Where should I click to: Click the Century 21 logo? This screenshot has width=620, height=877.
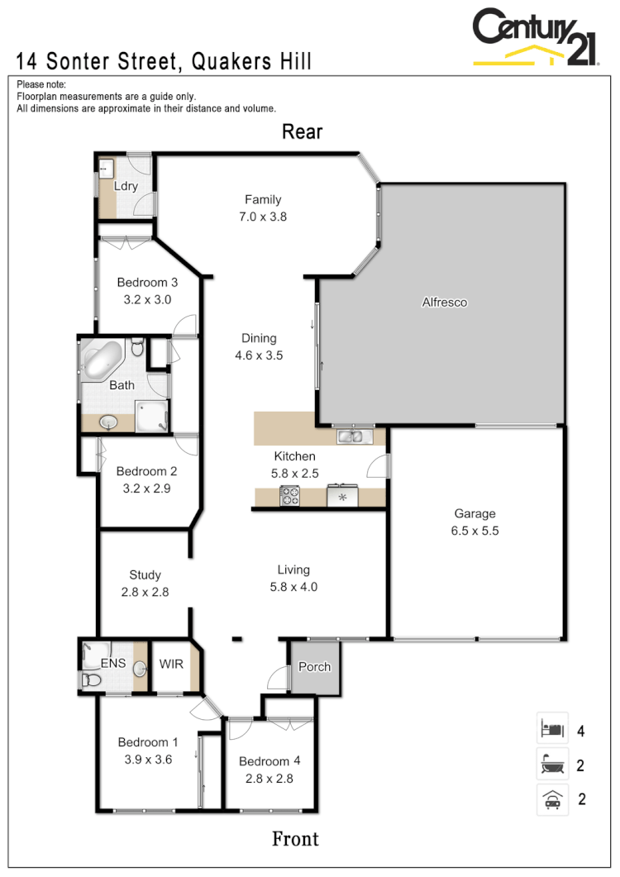[x=535, y=37]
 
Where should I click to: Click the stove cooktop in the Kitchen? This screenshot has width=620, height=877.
[x=290, y=496]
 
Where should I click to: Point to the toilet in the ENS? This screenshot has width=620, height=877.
[x=91, y=680]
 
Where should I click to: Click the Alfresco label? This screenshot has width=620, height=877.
[x=445, y=303]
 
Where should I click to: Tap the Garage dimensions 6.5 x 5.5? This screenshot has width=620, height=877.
[x=475, y=531]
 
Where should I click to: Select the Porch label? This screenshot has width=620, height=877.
[x=314, y=667]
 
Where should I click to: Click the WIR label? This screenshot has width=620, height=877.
[x=171, y=664]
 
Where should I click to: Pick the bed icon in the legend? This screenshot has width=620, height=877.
[x=551, y=730]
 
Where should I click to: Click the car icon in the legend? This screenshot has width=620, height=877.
[x=551, y=799]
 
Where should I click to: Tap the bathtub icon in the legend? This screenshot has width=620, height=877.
[x=551, y=765]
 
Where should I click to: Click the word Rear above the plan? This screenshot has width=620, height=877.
[x=302, y=131]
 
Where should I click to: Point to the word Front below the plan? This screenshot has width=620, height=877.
[x=295, y=839]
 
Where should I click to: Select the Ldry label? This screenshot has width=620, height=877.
[x=126, y=186]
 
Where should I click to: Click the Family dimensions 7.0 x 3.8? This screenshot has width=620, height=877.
[x=263, y=217]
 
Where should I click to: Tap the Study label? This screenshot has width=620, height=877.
[x=145, y=575]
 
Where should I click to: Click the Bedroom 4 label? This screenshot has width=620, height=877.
[x=265, y=761]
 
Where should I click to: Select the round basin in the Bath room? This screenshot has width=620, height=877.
[x=108, y=422]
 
